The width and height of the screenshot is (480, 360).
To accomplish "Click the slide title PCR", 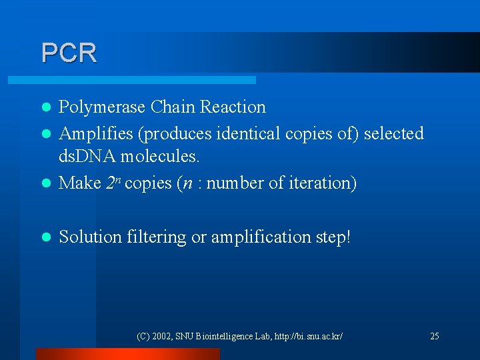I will [x=69, y=53].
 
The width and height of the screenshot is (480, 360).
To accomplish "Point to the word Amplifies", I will [x=95, y=134].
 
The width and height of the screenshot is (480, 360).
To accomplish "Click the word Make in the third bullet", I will [x=80, y=183].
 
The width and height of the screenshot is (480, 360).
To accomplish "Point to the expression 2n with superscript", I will [x=114, y=182].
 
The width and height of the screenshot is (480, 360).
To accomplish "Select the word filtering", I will [x=155, y=237].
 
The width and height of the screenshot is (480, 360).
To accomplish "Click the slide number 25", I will [x=434, y=336].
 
